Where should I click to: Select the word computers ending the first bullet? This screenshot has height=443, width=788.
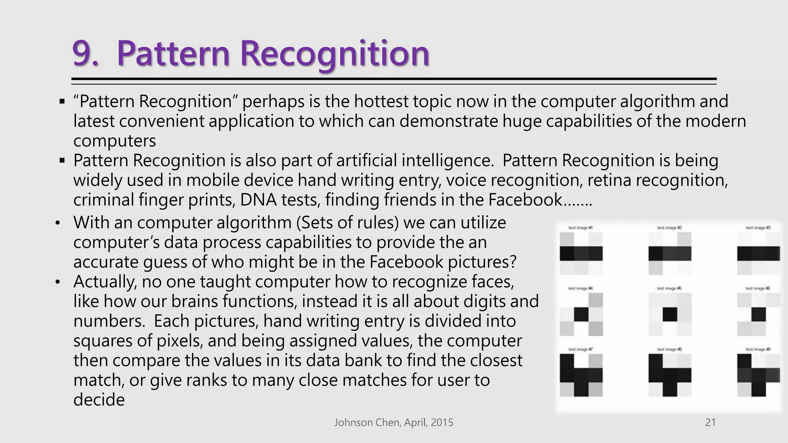[x=115, y=141]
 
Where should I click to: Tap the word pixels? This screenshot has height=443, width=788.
[x=176, y=341]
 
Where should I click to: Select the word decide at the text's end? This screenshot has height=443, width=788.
[x=99, y=400]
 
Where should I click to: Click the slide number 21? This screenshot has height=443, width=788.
[x=710, y=423]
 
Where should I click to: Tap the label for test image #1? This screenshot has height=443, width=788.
[x=581, y=228]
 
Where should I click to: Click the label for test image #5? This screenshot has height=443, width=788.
[x=669, y=288]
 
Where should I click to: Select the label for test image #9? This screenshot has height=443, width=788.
[x=758, y=350]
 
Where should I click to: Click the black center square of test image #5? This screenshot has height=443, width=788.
[x=670, y=315]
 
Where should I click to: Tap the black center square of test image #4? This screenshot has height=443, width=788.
[x=581, y=315]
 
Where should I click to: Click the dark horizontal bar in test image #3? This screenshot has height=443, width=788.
[x=758, y=254]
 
